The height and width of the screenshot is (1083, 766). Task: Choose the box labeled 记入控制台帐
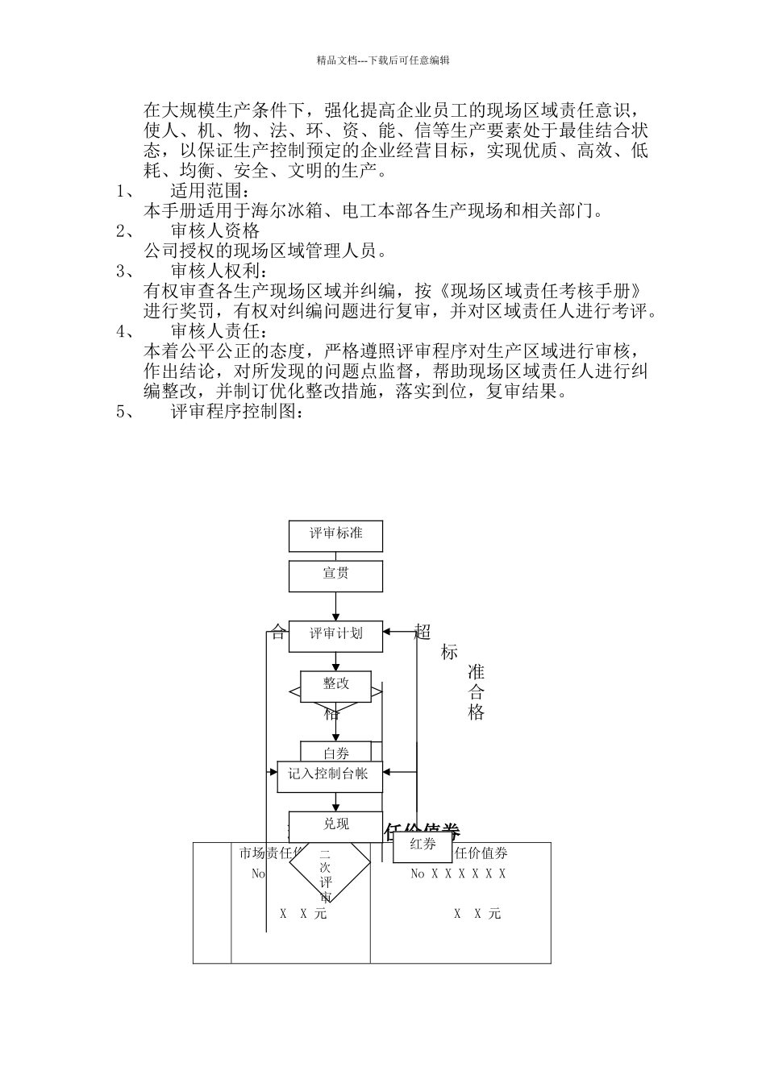[329, 775]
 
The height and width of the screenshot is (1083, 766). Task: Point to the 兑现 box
[335, 825]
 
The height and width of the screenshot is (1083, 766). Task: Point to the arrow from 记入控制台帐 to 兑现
[335, 802]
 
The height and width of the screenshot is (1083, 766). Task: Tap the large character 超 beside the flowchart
[423, 632]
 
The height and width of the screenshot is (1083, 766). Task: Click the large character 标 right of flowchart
[449, 653]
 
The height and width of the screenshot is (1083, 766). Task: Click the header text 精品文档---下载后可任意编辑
[383, 60]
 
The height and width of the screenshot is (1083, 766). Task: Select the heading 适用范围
[206, 191]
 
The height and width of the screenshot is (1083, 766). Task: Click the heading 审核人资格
[215, 231]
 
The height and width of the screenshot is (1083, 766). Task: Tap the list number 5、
[128, 412]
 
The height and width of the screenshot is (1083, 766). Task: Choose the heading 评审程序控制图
[237, 412]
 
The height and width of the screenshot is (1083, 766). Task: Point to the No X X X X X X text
[458, 873]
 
